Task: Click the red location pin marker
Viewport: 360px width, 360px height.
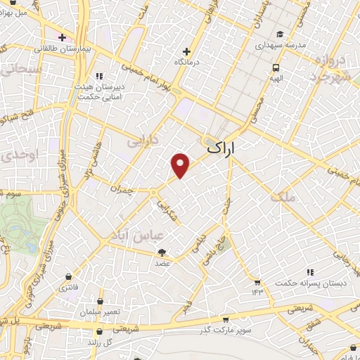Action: click(181, 165)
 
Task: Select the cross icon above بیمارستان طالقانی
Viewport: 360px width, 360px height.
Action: click(62, 37)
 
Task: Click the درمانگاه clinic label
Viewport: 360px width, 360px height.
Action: click(186, 61)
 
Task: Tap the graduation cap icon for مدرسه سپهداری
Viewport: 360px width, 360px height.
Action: click(280, 33)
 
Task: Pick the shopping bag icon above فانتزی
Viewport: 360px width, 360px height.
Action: click(68, 277)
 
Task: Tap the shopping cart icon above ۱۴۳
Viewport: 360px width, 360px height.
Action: click(257, 281)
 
